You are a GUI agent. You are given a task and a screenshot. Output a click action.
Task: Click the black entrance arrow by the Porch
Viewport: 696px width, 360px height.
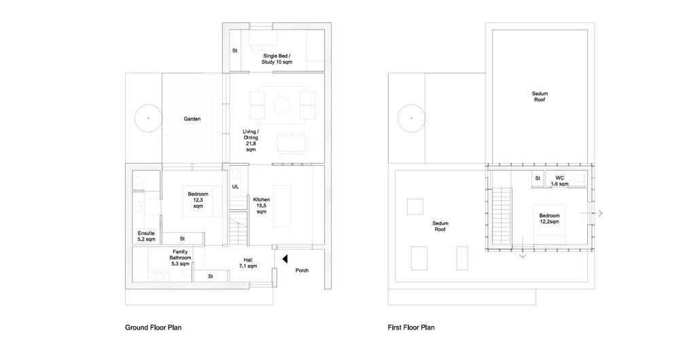[x=285, y=258]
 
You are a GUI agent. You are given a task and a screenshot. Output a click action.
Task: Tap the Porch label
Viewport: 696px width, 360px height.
[x=302, y=270]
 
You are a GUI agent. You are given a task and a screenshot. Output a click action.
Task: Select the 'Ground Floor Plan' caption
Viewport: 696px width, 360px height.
[x=153, y=327]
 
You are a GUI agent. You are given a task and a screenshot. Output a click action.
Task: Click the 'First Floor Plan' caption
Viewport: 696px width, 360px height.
[x=411, y=327]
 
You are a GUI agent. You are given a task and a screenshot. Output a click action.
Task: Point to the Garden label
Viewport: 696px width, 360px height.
[x=192, y=119]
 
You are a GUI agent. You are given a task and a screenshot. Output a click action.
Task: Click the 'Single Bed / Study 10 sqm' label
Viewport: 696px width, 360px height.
[x=277, y=59]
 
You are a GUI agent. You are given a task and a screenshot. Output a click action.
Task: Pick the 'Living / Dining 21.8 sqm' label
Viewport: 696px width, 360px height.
[x=251, y=141]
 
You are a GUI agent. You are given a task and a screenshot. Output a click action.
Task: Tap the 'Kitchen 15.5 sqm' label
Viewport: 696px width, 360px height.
[x=261, y=206]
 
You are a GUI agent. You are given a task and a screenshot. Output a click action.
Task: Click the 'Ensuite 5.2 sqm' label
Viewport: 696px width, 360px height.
[x=147, y=236]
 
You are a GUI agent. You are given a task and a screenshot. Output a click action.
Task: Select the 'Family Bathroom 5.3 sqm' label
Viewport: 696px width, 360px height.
[x=180, y=257]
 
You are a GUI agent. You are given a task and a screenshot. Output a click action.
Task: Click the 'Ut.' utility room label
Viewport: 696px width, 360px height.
[x=235, y=187]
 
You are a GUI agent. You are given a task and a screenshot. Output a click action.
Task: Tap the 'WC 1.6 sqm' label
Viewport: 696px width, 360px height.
[x=560, y=181]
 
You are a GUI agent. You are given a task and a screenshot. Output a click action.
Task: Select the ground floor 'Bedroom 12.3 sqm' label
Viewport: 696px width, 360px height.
[x=198, y=200]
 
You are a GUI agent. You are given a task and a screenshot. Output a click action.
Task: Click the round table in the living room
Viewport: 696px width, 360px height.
[x=281, y=105]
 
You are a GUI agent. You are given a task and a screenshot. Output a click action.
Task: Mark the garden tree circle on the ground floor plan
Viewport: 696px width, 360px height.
[x=148, y=118]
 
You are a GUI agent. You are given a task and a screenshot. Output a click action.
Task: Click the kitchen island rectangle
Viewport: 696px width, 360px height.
[x=281, y=206]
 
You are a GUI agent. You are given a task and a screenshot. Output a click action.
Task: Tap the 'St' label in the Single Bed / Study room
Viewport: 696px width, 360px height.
[x=234, y=50]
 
